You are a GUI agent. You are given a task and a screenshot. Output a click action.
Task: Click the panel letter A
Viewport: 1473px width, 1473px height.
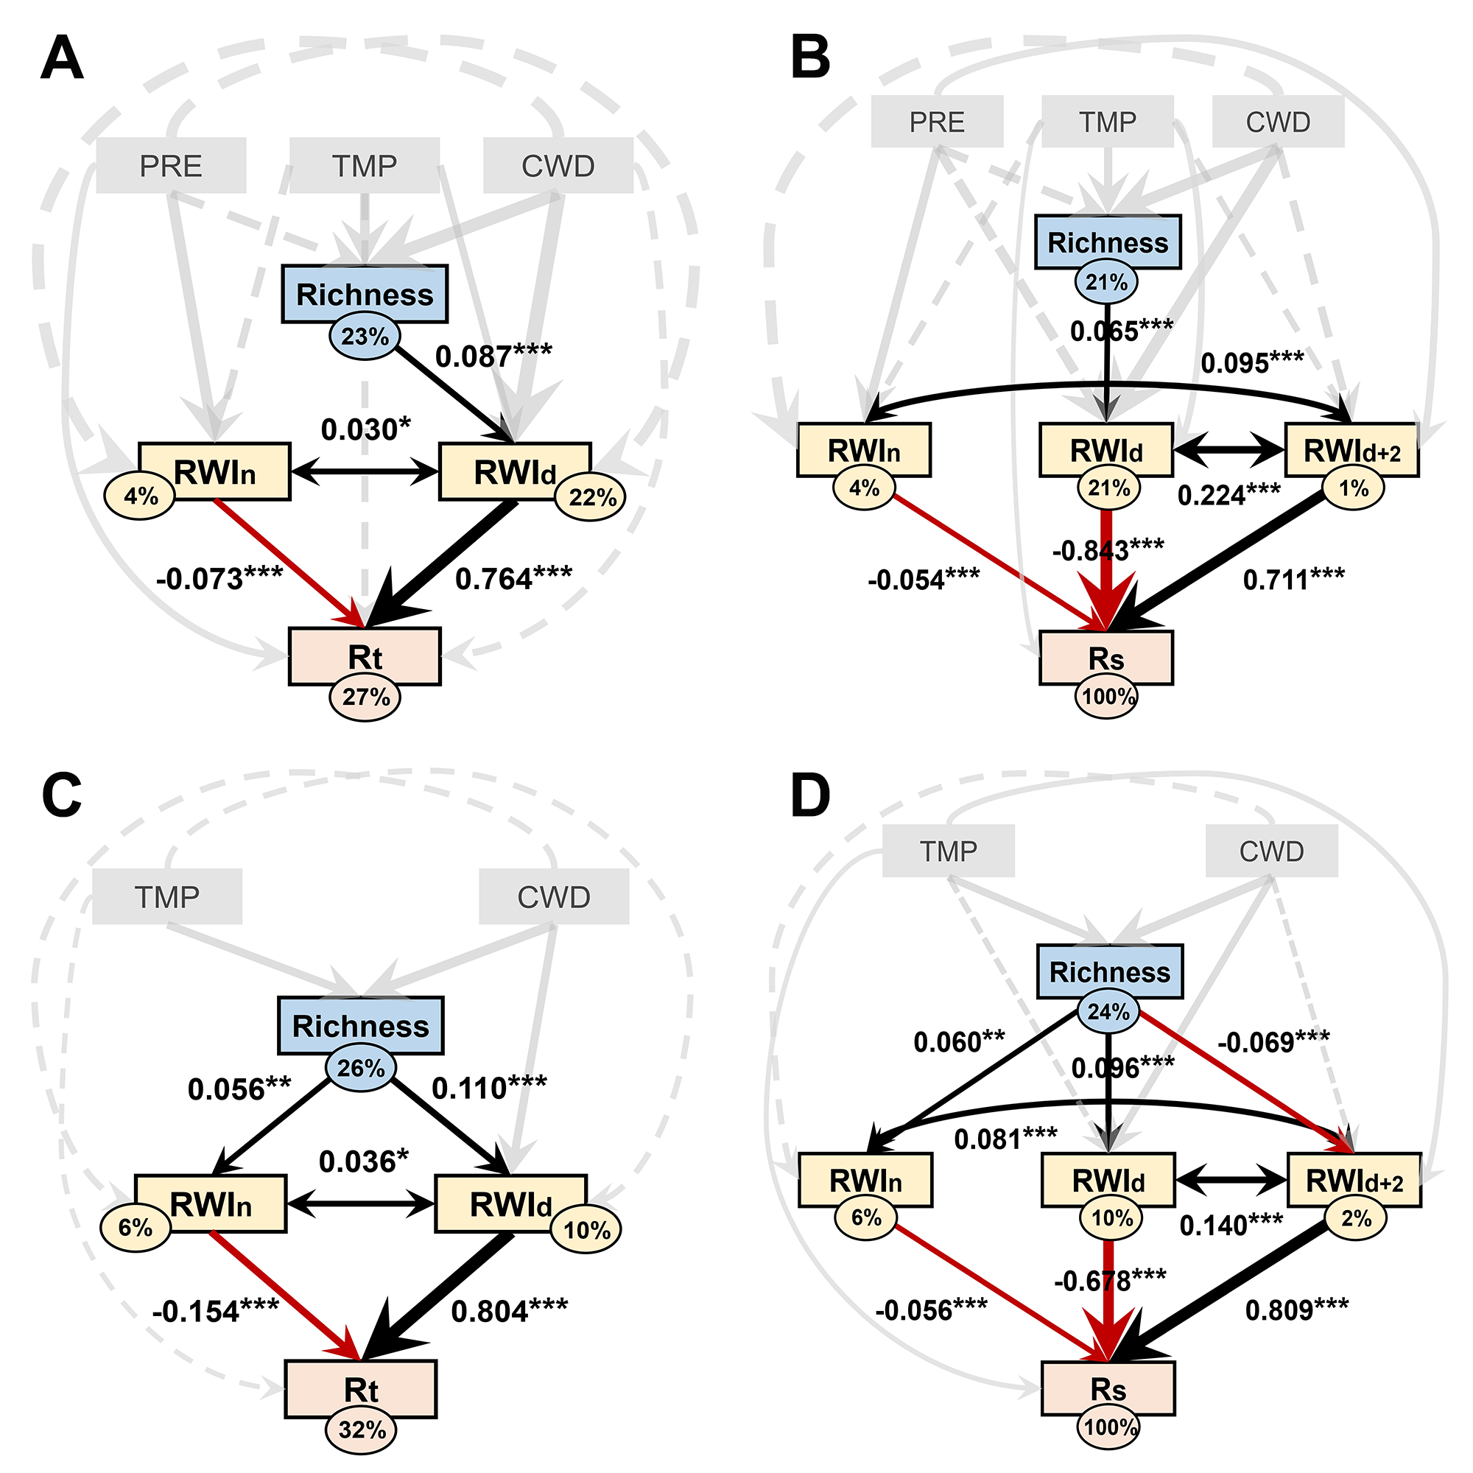coord(61,60)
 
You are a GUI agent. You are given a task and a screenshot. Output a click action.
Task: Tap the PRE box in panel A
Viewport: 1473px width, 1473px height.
coord(171,166)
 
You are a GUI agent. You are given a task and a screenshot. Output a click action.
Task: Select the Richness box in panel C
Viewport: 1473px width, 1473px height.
coord(361,1025)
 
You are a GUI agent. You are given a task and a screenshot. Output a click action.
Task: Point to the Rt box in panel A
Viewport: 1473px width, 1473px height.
coord(365,656)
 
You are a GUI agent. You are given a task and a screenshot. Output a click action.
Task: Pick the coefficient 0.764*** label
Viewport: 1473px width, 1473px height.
coord(513,579)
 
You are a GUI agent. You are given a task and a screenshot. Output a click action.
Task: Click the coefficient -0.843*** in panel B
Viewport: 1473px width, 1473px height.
coord(1108,549)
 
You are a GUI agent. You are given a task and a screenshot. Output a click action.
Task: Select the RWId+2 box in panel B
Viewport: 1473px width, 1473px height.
coord(1351,450)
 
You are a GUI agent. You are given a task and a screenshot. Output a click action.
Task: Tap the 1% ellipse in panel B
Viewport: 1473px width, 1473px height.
coord(1353,488)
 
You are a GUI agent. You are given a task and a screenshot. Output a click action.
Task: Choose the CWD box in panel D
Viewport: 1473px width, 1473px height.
coord(1271,851)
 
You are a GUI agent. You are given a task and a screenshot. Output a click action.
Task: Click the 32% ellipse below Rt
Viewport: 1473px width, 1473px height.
coord(362,1430)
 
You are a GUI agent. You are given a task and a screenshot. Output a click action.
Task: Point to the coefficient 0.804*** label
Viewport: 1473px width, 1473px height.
coord(510,1311)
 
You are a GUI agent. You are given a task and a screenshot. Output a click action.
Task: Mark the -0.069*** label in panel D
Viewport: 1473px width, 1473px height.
coord(1273,1041)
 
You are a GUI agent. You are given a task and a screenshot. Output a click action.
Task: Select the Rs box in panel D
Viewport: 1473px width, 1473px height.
coord(1108,1389)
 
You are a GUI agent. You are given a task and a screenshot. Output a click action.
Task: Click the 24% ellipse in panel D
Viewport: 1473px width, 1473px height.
coord(1108,1012)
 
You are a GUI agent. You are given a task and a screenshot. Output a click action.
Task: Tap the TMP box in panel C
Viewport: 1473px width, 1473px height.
coord(167,896)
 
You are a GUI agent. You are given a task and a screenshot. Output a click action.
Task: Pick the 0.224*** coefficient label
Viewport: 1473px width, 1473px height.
coord(1229,496)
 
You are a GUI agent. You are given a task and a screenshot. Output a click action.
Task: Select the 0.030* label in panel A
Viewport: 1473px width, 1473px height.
coord(365,430)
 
